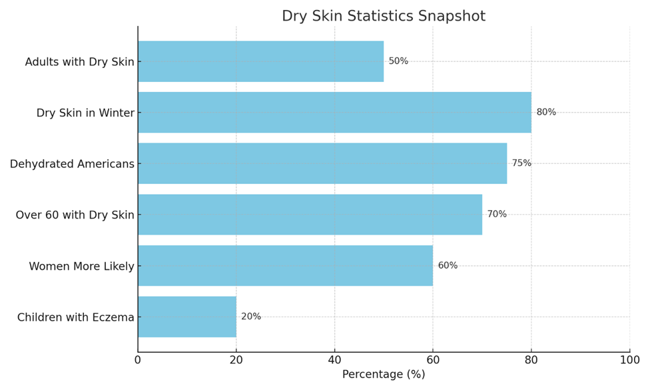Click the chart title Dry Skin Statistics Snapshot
[x=383, y=16]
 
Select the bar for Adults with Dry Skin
[x=260, y=61]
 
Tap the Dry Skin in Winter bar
[x=334, y=112]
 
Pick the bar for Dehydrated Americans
[x=322, y=163]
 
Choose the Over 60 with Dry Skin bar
[x=310, y=214]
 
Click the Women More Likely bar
[x=285, y=265]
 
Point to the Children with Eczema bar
[x=187, y=317]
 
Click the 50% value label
[x=398, y=61]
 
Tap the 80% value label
[x=546, y=112]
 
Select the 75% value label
[x=521, y=163]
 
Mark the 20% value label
[x=251, y=317]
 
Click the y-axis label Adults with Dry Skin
[x=79, y=62]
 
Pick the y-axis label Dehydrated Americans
[x=72, y=164]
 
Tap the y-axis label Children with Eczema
[x=75, y=317]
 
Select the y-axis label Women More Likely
[x=81, y=267]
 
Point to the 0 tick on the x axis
[x=138, y=361]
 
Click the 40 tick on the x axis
[x=334, y=361]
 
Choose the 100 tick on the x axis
[x=629, y=361]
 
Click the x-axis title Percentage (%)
[x=383, y=375]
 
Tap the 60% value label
[x=448, y=265]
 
